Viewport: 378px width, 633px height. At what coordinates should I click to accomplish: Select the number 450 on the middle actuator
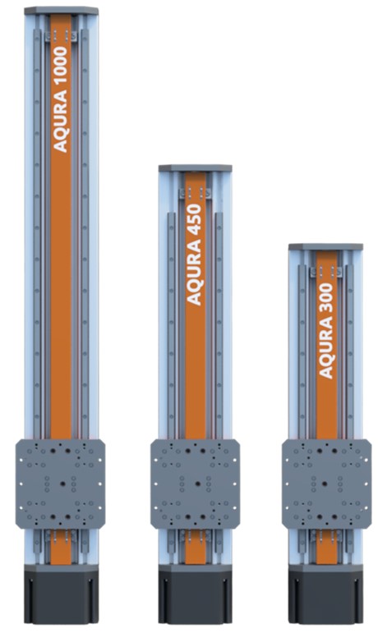coord(195,220)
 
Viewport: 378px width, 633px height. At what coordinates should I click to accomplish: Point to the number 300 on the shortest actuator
coord(326,298)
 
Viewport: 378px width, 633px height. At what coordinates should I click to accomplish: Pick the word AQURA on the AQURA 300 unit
coord(326,348)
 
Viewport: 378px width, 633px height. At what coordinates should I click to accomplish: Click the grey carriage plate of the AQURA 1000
coord(61,484)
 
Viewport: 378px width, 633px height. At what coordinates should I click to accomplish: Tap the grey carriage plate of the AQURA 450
coord(196,484)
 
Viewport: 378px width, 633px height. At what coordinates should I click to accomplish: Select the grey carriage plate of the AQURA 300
coord(326,484)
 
